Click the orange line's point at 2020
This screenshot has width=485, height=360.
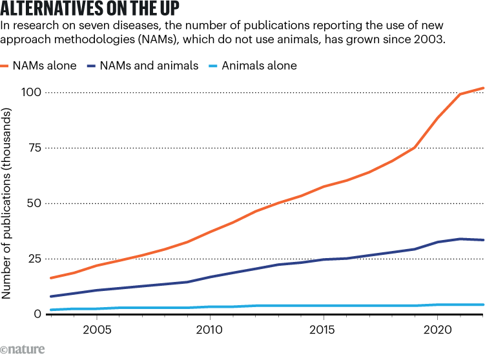pos(438,117)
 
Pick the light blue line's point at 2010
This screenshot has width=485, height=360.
pos(209,306)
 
